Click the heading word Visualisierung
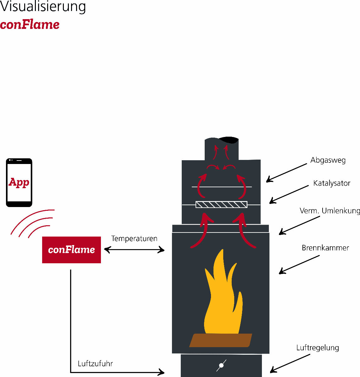(43, 6)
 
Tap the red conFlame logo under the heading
(30, 25)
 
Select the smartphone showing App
(19, 183)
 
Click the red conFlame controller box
(71, 250)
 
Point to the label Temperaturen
(134, 238)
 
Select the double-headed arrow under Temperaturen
(134, 250)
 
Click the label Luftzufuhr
(95, 363)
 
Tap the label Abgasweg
(328, 160)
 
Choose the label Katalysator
(332, 183)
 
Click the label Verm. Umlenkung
(330, 211)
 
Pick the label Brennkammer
(325, 248)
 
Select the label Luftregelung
(318, 348)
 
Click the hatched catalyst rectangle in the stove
(221, 205)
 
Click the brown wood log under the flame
(221, 340)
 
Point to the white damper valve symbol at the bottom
(221, 365)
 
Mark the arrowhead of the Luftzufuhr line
(161, 372)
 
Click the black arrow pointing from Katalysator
(289, 194)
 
